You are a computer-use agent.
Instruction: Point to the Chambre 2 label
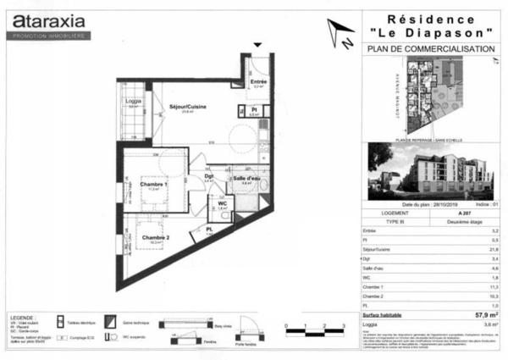coord(155,236)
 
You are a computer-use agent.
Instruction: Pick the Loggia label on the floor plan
coord(133,101)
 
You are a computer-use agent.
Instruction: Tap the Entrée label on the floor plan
coord(257,81)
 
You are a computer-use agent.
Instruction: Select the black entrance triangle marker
coord(258,43)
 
